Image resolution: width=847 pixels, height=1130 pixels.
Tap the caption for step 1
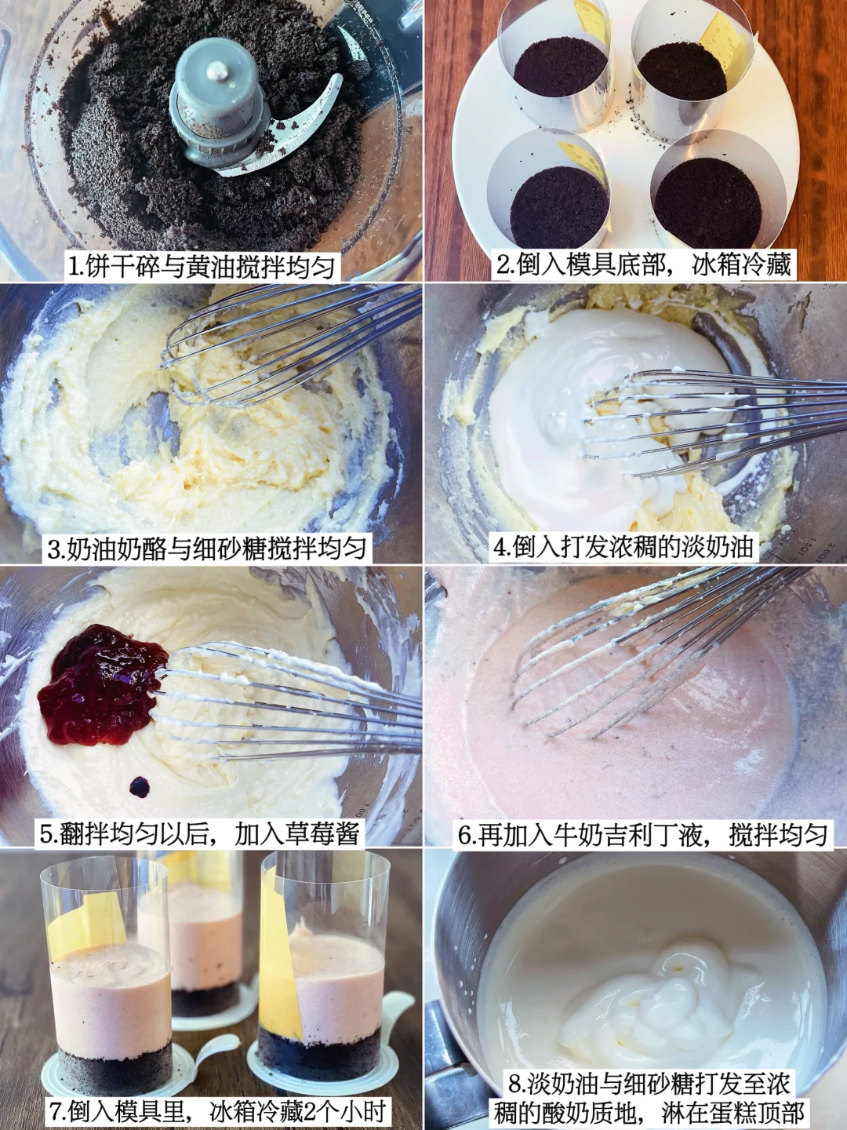[202, 267]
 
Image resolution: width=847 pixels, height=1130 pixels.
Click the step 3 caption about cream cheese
[207, 548]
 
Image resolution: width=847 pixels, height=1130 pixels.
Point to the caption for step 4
[623, 547]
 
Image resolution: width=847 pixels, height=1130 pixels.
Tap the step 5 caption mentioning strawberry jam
[199, 832]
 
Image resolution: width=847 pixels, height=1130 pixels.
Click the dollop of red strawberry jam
[103, 685]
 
